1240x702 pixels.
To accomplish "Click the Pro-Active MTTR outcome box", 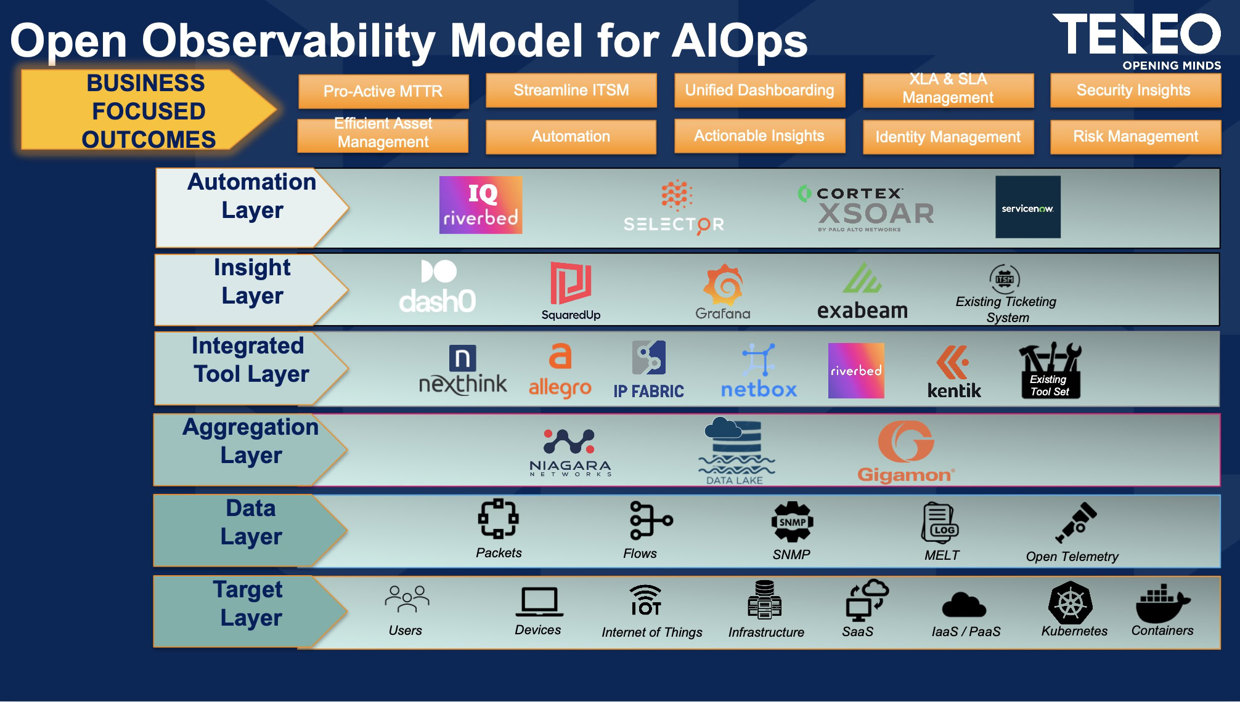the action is tap(383, 91).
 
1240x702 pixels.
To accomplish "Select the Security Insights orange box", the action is tap(1135, 91).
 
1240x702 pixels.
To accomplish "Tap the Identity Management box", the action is tap(948, 137).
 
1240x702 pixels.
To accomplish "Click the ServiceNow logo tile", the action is tap(1028, 207).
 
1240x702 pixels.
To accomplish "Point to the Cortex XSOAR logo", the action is tap(866, 209).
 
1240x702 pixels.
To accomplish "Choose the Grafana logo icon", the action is tap(724, 284).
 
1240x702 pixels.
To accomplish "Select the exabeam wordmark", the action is tap(862, 310).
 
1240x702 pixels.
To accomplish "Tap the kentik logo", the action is tap(954, 371).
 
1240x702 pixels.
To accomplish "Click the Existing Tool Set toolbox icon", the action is tap(1050, 370).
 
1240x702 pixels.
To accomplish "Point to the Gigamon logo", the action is tap(906, 451).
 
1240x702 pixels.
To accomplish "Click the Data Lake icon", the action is tap(736, 450).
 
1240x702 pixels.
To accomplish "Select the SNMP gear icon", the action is tap(793, 522).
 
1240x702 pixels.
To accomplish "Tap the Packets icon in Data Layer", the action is tap(499, 518).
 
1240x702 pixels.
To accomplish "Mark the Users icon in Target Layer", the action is tap(407, 599).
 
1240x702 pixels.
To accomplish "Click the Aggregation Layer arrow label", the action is tap(251, 450).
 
